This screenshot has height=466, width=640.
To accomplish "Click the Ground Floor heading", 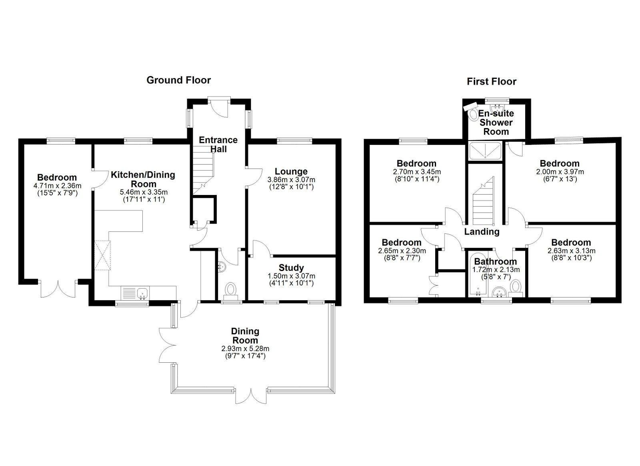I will (x=178, y=80).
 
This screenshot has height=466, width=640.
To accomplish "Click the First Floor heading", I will (x=492, y=82).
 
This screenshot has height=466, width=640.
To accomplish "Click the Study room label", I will (x=291, y=267).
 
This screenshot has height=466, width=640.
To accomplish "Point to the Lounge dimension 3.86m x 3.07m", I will (x=291, y=180).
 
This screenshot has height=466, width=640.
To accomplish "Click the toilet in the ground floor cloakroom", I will (x=231, y=290).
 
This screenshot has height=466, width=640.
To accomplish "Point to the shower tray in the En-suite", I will (x=485, y=151).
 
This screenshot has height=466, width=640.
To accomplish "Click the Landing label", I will (x=482, y=231).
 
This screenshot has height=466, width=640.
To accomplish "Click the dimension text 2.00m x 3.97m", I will (x=559, y=172).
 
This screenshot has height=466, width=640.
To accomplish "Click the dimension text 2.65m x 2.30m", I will (x=402, y=251).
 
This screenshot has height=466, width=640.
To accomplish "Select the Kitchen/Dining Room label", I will (x=143, y=179).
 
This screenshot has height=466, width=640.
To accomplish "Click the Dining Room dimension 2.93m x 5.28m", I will (x=245, y=349).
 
